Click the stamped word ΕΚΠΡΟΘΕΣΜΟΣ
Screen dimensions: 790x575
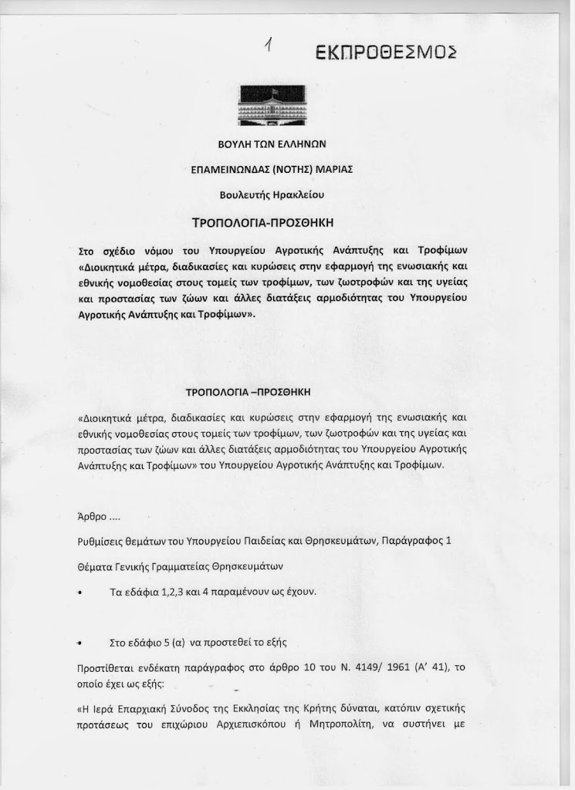point(387,52)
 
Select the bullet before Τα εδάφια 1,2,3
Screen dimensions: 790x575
point(79,592)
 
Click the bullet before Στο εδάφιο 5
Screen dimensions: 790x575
point(79,643)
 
